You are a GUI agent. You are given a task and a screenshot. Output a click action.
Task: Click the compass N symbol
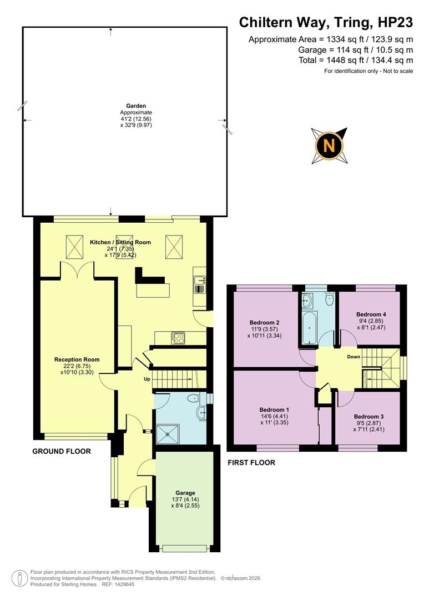(329, 146)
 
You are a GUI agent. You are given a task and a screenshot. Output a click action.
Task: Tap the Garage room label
(185, 493)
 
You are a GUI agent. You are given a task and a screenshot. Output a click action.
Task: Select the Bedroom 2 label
(264, 323)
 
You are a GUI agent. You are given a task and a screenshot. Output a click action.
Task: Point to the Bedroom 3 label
(369, 416)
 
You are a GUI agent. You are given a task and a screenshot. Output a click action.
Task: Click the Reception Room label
(77, 359)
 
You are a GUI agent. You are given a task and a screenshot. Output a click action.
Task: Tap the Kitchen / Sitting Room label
(120, 242)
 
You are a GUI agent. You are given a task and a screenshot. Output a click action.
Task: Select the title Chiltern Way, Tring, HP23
(326, 22)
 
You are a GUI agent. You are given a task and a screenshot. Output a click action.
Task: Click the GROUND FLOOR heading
(61, 452)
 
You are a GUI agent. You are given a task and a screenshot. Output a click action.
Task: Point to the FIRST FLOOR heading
(251, 462)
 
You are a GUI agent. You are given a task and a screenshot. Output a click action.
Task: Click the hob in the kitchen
(178, 338)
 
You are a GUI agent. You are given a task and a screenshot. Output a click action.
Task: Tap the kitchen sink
(200, 284)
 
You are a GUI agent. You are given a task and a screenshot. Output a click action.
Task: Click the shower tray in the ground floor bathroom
(165, 432)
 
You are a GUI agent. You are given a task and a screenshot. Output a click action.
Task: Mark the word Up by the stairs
(147, 379)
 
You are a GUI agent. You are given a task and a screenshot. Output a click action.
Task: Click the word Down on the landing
(354, 357)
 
